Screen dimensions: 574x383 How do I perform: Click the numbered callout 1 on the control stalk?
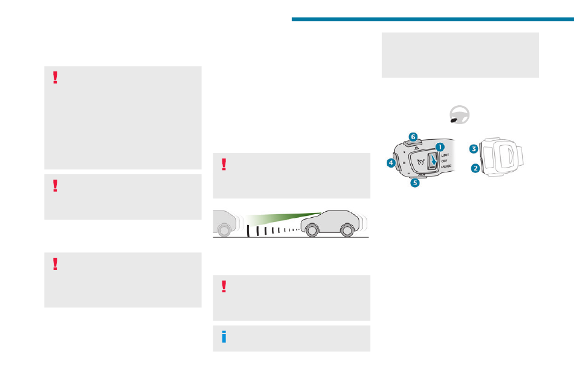pyautogui.click(x=440, y=146)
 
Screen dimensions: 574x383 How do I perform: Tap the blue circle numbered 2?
pyautogui.click(x=476, y=169)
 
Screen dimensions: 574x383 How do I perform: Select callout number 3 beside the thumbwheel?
pyautogui.click(x=474, y=148)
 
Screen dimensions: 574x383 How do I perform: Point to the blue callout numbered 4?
pyautogui.click(x=391, y=162)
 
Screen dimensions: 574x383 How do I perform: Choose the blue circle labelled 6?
pyautogui.click(x=413, y=137)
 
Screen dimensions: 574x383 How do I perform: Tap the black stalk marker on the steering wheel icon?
pyautogui.click(x=454, y=120)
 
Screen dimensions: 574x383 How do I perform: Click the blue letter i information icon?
pyautogui.click(x=224, y=338)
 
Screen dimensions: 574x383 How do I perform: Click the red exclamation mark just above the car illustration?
pyautogui.click(x=224, y=165)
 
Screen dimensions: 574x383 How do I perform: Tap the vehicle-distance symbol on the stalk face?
pyautogui.click(x=419, y=162)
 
